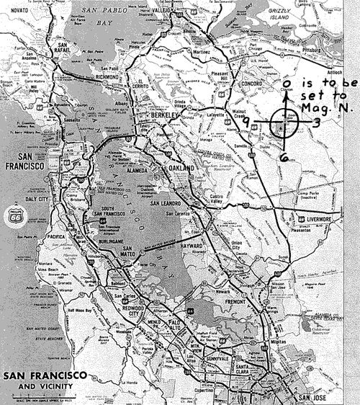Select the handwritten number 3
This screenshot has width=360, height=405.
[x=316, y=123]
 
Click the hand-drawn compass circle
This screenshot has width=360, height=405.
[x=282, y=125]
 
